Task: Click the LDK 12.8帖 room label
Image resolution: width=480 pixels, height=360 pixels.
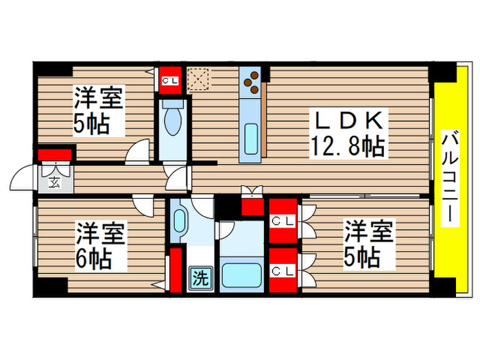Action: pos(348,132)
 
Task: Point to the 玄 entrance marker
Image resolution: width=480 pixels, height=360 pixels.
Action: pos(53,182)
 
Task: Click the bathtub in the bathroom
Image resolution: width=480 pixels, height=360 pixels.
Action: pos(241,276)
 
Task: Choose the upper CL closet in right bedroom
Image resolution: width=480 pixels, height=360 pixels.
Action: pos(283,221)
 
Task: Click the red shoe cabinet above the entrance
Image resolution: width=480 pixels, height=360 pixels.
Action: pos(56,154)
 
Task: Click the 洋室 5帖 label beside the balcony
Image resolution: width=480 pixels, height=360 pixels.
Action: pos(368,245)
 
